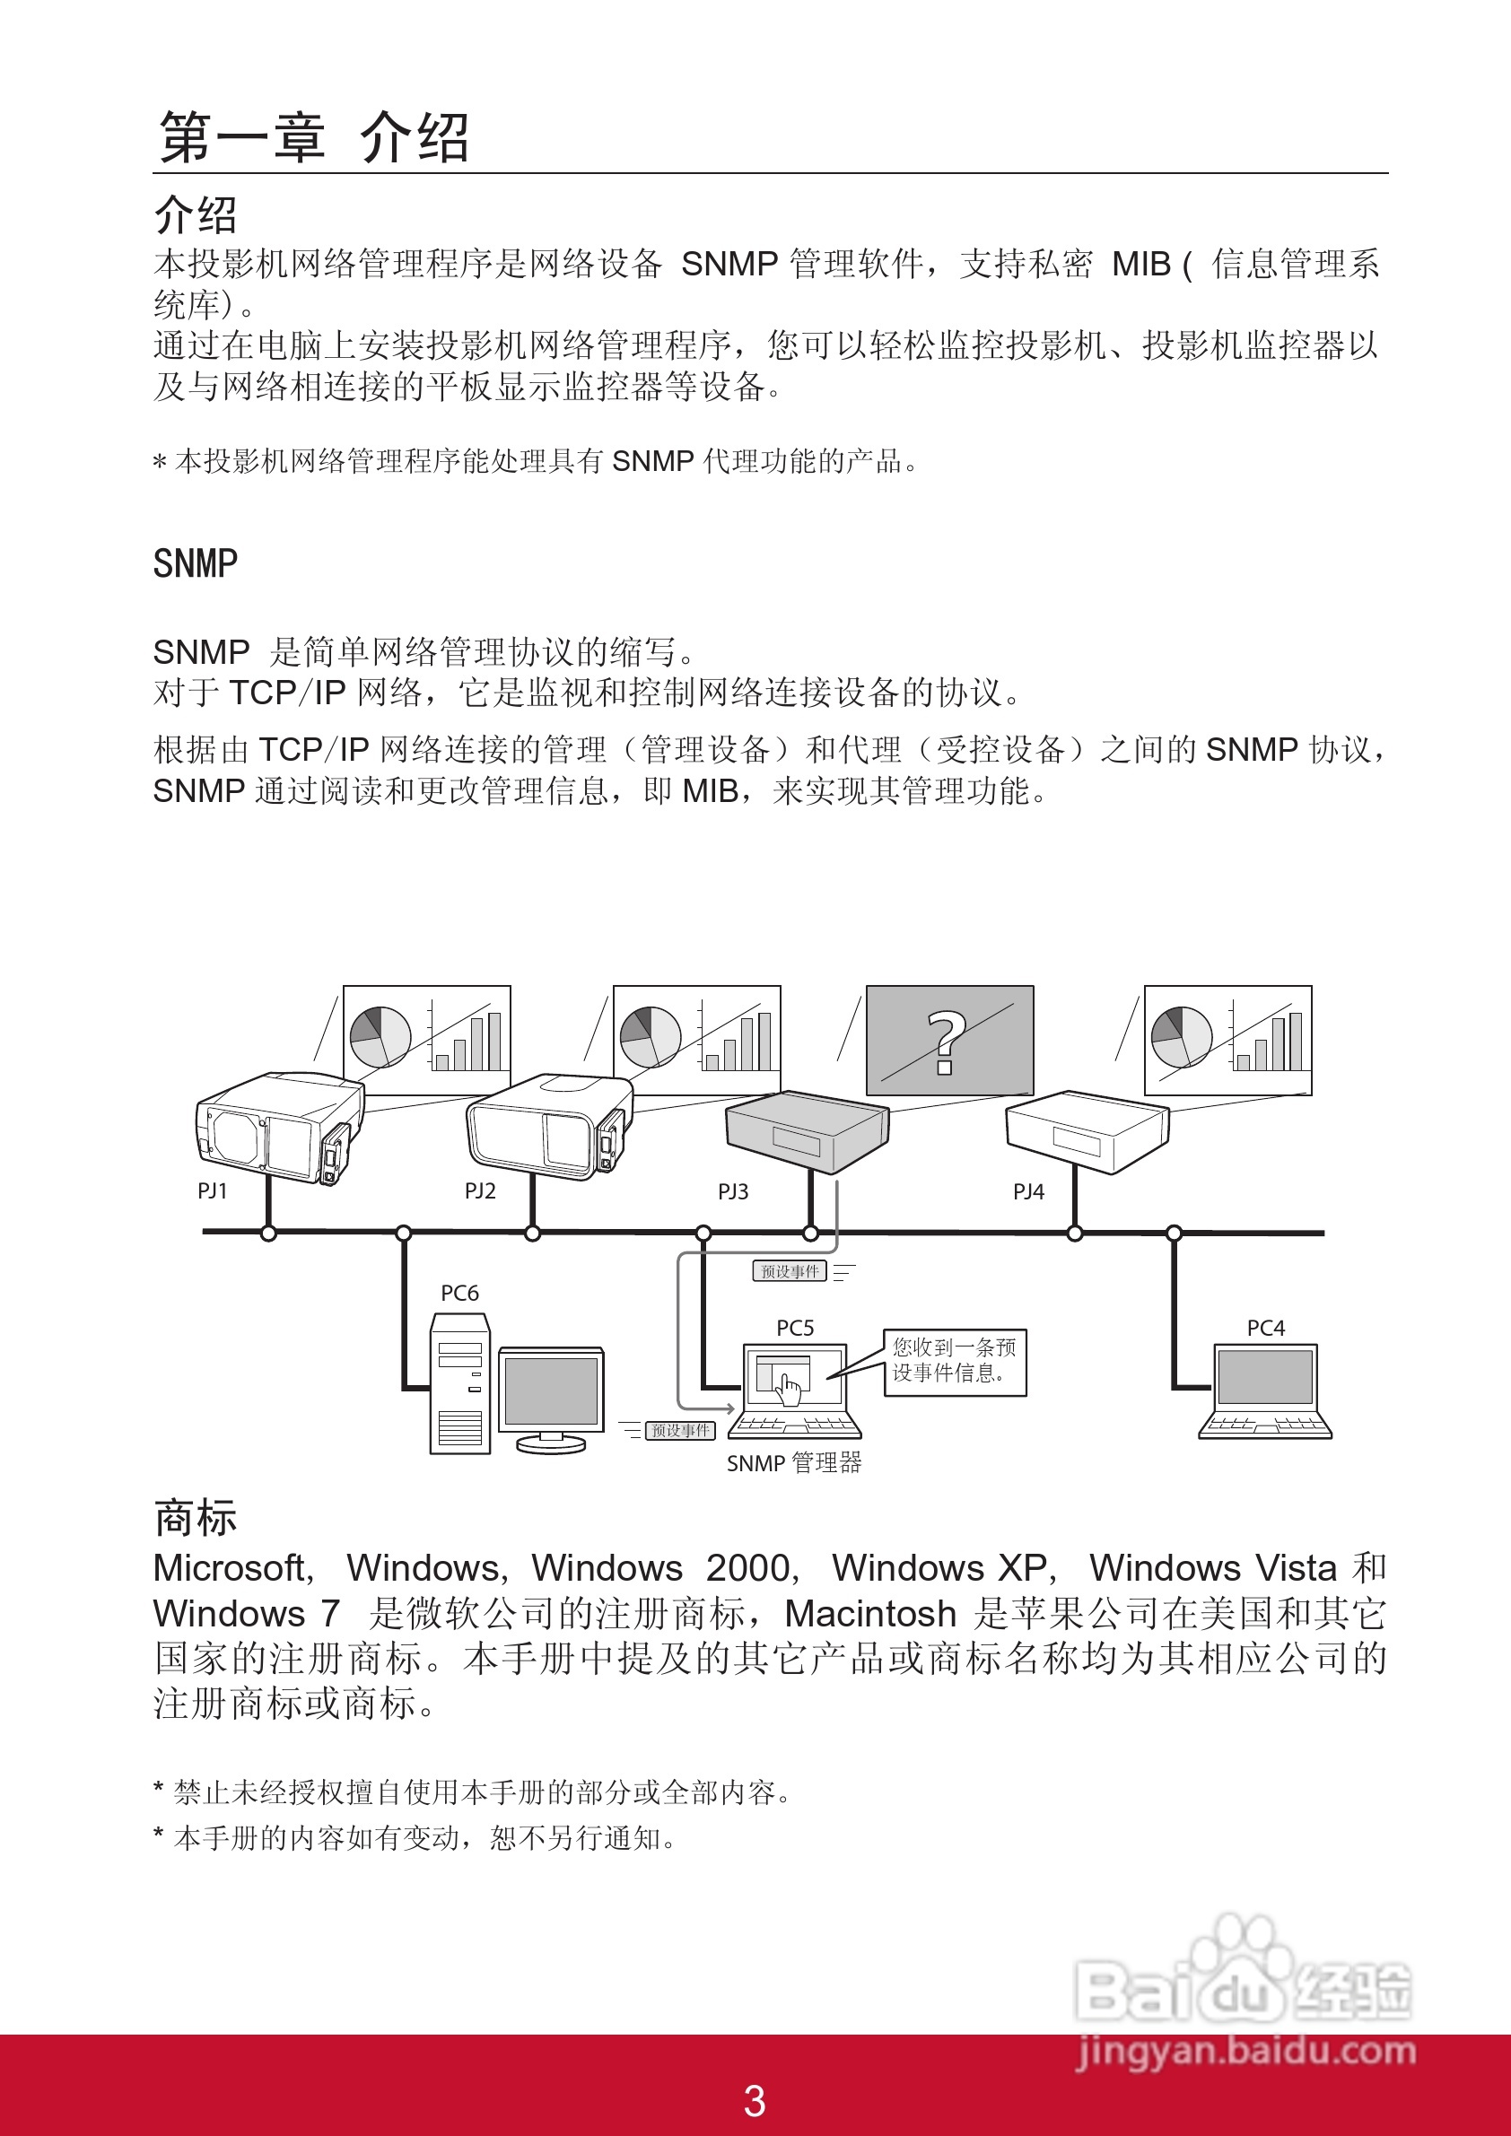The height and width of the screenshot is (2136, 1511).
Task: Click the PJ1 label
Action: click(212, 1190)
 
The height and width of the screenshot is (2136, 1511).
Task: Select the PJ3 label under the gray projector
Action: click(733, 1191)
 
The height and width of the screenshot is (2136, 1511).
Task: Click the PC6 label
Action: click(459, 1293)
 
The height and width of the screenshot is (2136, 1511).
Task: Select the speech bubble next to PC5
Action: click(955, 1361)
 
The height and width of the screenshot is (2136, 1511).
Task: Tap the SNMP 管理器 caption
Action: click(794, 1463)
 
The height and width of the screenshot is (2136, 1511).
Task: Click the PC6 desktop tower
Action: click(459, 1383)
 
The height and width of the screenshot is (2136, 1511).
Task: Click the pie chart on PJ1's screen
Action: click(380, 1036)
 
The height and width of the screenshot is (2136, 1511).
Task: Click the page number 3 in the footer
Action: click(755, 2101)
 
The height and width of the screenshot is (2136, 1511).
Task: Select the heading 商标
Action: click(196, 1517)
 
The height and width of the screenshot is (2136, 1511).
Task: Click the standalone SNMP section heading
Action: click(196, 563)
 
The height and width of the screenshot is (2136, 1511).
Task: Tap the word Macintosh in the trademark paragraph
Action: click(870, 1613)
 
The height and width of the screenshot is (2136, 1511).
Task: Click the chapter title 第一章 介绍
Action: click(313, 137)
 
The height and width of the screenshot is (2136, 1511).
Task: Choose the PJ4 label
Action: click(1029, 1191)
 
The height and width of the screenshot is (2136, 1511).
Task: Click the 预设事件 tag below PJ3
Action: click(789, 1271)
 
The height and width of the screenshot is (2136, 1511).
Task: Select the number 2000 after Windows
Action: click(749, 1568)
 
